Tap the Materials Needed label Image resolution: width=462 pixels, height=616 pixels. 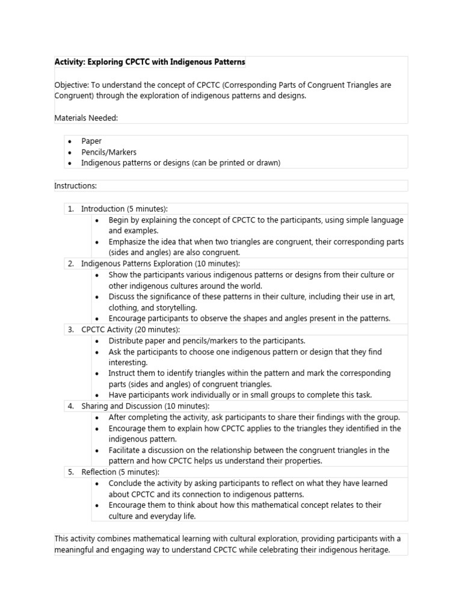point(86,119)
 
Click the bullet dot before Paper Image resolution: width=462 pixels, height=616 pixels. point(70,141)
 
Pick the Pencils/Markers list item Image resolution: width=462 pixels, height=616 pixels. point(109,152)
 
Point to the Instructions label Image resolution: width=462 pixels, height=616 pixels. point(75,186)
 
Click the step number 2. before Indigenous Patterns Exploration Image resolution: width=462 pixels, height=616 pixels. point(70,263)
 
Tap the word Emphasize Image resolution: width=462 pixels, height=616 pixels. point(128,242)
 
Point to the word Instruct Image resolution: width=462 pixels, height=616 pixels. point(122,374)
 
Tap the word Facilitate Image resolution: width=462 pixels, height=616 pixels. point(126,450)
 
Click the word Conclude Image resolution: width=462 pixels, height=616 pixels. point(126,483)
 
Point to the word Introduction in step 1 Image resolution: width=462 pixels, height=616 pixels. point(103,209)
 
